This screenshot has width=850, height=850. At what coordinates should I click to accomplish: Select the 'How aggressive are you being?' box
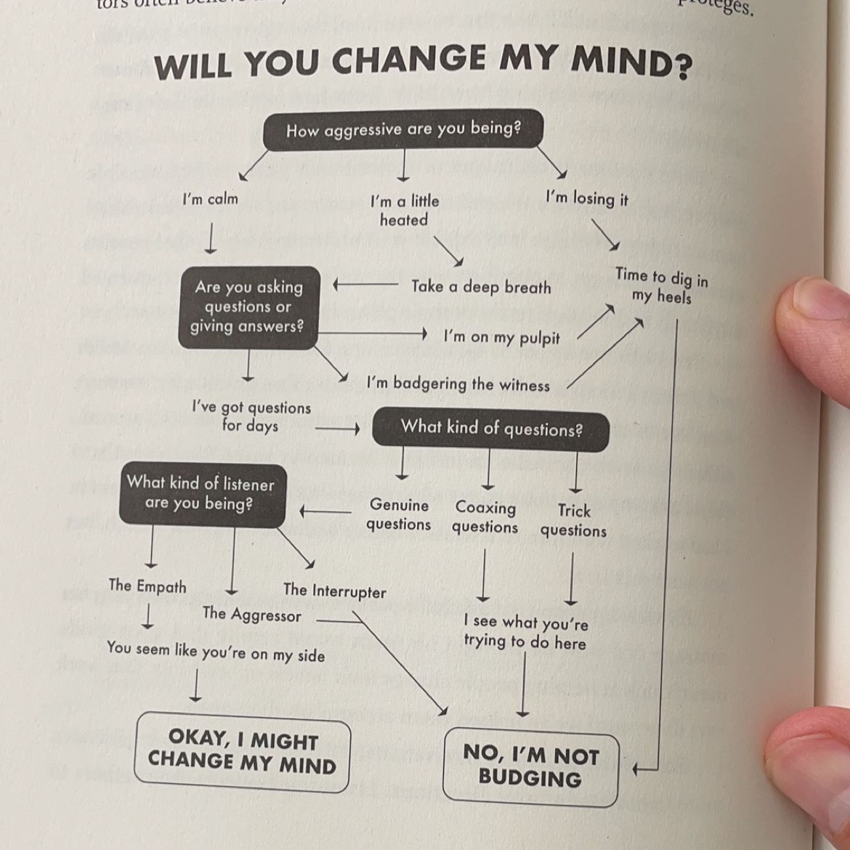pyautogui.click(x=403, y=130)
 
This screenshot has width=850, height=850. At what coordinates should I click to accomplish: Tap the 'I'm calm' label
pyautogui.click(x=210, y=199)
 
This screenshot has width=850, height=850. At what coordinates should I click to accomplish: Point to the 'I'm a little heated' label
pyautogui.click(x=405, y=210)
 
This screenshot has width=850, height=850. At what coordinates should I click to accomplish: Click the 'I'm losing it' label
pyautogui.click(x=587, y=198)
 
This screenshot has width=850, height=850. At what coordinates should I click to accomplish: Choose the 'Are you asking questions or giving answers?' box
pyautogui.click(x=248, y=307)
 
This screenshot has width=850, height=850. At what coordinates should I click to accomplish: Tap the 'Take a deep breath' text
pyautogui.click(x=481, y=287)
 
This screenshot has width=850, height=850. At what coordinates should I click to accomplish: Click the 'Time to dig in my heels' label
pyautogui.click(x=661, y=286)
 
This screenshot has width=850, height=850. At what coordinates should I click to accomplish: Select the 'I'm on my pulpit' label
pyautogui.click(x=501, y=337)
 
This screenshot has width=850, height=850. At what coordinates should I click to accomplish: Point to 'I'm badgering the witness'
pyautogui.click(x=458, y=383)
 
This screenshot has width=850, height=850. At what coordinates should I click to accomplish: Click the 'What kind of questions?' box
pyautogui.click(x=490, y=429)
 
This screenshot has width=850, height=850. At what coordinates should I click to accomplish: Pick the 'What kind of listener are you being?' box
pyautogui.click(x=201, y=494)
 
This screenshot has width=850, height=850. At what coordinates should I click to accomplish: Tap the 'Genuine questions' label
pyautogui.click(x=399, y=514)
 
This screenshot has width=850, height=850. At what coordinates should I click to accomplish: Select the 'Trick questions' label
pyautogui.click(x=573, y=520)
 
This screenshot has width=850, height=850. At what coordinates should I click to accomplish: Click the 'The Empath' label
pyautogui.click(x=147, y=586)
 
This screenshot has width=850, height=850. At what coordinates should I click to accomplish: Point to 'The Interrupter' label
pyautogui.click(x=334, y=591)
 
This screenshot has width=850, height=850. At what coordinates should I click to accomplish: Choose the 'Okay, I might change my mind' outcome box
pyautogui.click(x=243, y=752)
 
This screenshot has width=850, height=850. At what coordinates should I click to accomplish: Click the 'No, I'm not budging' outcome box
pyautogui.click(x=530, y=766)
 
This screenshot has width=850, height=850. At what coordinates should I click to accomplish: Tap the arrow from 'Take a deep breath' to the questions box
pyautogui.click(x=365, y=285)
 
